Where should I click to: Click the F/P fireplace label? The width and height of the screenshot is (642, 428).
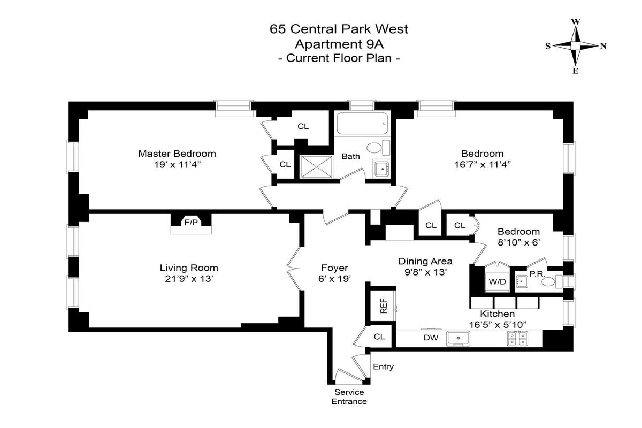191,223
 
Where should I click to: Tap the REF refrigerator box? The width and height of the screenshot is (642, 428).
383,306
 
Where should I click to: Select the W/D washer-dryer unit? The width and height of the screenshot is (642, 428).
497,281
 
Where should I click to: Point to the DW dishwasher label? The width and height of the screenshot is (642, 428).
431,338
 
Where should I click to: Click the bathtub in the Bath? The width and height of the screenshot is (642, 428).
363,124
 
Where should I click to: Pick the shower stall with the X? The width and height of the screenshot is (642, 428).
316,166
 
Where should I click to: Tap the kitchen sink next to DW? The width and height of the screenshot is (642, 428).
458,338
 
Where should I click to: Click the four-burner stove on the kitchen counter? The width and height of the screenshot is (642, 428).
518,338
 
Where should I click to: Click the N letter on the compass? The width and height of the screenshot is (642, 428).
603,46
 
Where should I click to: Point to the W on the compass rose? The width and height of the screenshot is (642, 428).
576,22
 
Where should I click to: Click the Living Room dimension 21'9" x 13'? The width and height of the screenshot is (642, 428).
189,279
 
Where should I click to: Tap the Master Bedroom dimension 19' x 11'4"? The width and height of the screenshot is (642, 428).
177,165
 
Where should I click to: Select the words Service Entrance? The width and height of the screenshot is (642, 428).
349,396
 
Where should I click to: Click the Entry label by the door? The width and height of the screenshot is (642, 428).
383,366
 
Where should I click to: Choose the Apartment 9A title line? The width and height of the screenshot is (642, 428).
339,44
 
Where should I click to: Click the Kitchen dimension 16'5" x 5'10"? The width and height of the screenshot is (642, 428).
498,325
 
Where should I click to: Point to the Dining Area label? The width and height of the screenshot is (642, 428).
425,261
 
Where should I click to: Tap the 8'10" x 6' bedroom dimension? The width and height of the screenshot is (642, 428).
519,242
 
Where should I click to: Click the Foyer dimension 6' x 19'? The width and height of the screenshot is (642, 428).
334,278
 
